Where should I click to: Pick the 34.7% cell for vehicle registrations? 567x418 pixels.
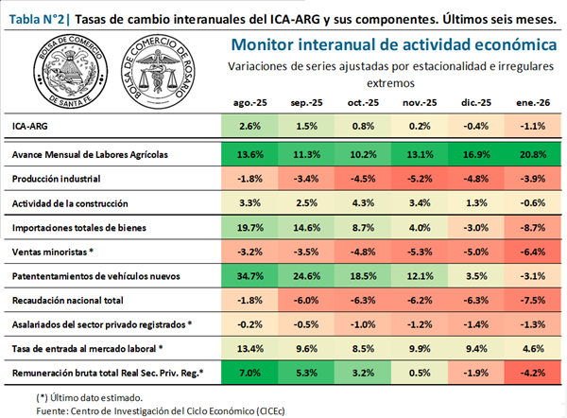pyautogui.click(x=250, y=276)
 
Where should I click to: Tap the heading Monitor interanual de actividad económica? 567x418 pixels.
pyautogui.click(x=393, y=44)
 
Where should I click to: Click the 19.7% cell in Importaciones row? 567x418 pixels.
pyautogui.click(x=250, y=227)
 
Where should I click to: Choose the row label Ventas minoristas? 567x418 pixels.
pyautogui.click(x=54, y=252)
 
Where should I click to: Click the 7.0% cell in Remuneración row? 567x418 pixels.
pyautogui.click(x=250, y=374)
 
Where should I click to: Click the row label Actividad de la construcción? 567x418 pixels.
pyautogui.click(x=71, y=202)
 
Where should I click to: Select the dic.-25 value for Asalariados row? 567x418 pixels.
pyautogui.click(x=475, y=325)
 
